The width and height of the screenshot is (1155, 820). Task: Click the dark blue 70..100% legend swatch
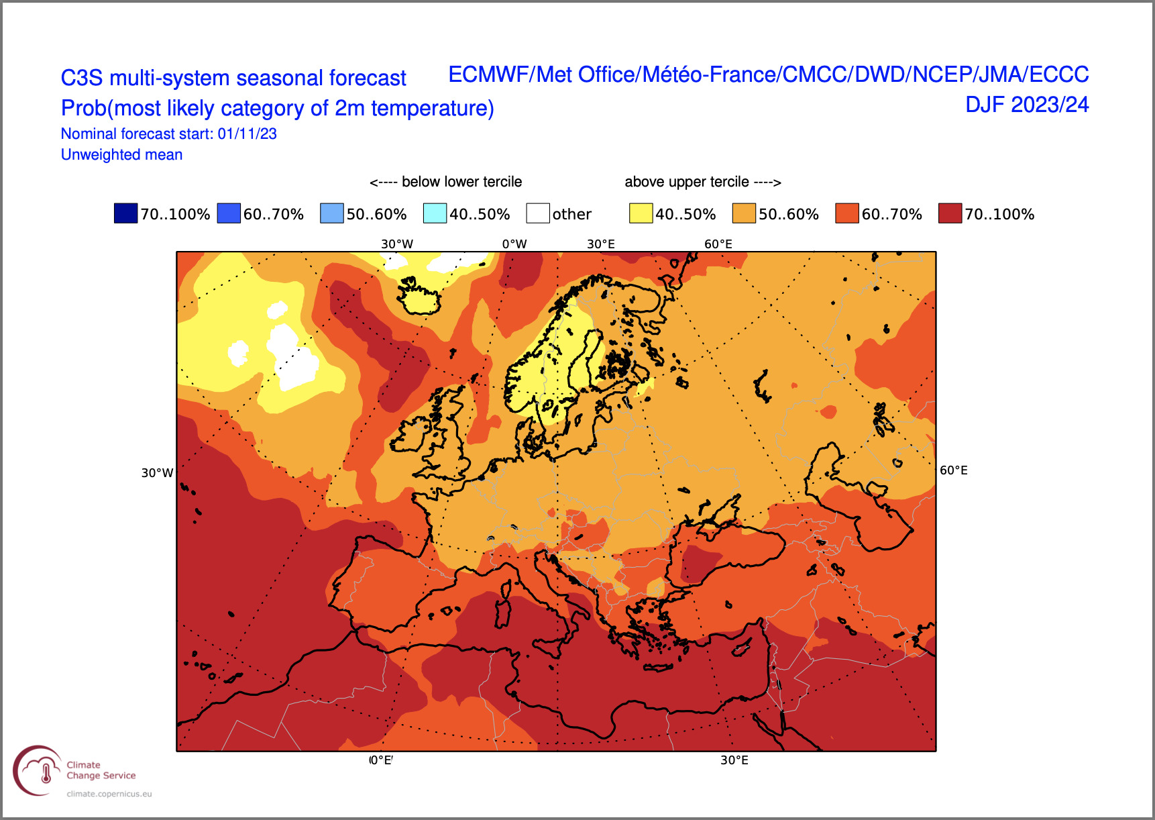125,213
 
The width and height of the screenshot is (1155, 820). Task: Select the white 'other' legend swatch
538,213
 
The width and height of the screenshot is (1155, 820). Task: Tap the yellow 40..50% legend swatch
641,213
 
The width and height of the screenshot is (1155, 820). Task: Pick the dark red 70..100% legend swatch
950,213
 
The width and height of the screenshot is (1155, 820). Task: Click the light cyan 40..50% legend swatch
435,213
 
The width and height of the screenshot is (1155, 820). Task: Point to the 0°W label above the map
514,244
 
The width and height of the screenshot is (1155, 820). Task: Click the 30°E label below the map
734,760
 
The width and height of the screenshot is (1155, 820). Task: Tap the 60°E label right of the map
954,470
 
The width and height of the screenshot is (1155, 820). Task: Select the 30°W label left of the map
157,473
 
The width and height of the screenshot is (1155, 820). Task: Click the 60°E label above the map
718,244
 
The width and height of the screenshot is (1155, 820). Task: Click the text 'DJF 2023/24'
1027,105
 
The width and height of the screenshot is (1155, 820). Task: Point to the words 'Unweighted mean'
121,155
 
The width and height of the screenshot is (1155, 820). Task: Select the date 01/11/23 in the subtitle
247,134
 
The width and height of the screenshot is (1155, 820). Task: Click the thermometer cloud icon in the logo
46,772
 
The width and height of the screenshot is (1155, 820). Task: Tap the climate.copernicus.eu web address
109,794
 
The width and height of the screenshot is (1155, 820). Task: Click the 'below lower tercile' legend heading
461,182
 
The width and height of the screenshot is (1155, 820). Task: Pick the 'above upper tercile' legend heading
687,182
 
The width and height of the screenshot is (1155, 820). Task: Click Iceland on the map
419,297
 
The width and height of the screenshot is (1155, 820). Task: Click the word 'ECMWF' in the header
488,74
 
